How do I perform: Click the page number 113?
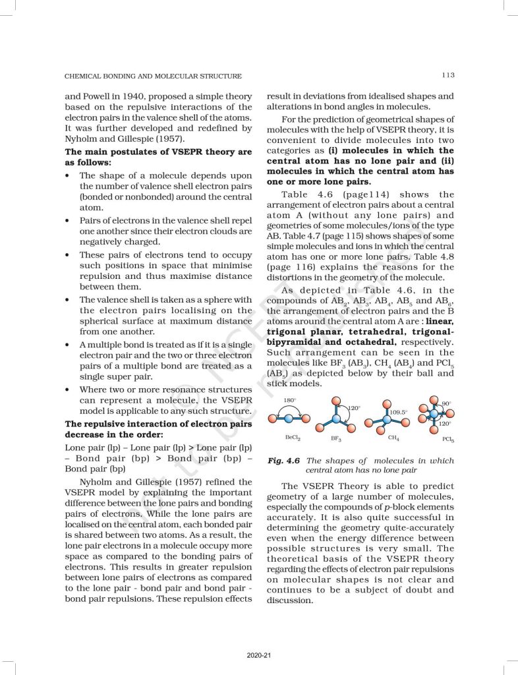(448, 76)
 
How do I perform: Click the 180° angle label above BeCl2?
(289, 400)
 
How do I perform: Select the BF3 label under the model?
(335, 438)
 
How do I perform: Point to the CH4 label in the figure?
(391, 437)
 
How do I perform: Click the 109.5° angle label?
(397, 412)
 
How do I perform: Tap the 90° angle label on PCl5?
(447, 403)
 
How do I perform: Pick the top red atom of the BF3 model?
(335, 401)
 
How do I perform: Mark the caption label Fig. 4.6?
(283, 461)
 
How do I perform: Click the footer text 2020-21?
(259, 655)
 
